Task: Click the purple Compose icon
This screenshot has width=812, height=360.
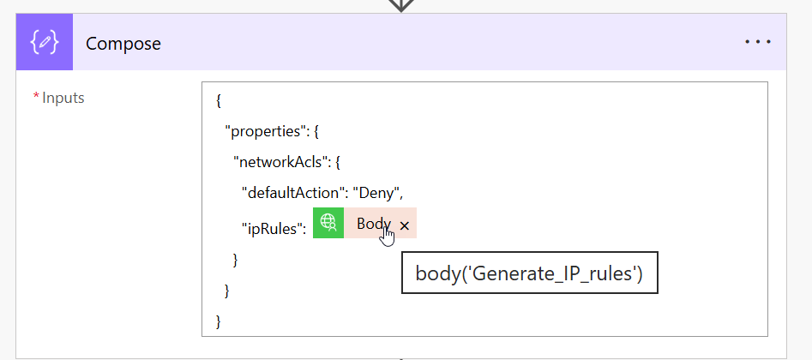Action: coord(45,42)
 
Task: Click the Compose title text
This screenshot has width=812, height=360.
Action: coord(123,44)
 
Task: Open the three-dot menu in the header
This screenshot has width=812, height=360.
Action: coord(758,42)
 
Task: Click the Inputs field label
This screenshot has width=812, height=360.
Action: coord(63,98)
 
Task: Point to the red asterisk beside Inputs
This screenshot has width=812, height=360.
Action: coord(36,96)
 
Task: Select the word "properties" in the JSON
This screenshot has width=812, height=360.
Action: coord(265,131)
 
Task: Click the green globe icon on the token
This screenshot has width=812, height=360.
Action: coord(328,223)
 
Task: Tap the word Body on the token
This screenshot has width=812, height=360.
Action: coord(373,224)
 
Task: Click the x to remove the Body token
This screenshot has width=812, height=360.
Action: coord(405,225)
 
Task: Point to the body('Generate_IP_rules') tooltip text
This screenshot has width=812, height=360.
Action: coord(529,273)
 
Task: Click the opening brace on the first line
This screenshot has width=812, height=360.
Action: coord(219,101)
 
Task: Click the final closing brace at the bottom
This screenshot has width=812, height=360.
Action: coord(219,321)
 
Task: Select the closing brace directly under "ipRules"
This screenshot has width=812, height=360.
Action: coord(236,260)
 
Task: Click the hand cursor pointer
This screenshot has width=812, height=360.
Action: coord(387,237)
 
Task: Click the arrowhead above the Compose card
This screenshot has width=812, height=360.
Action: coord(401,4)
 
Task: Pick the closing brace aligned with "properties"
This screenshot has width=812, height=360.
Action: coord(227,291)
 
